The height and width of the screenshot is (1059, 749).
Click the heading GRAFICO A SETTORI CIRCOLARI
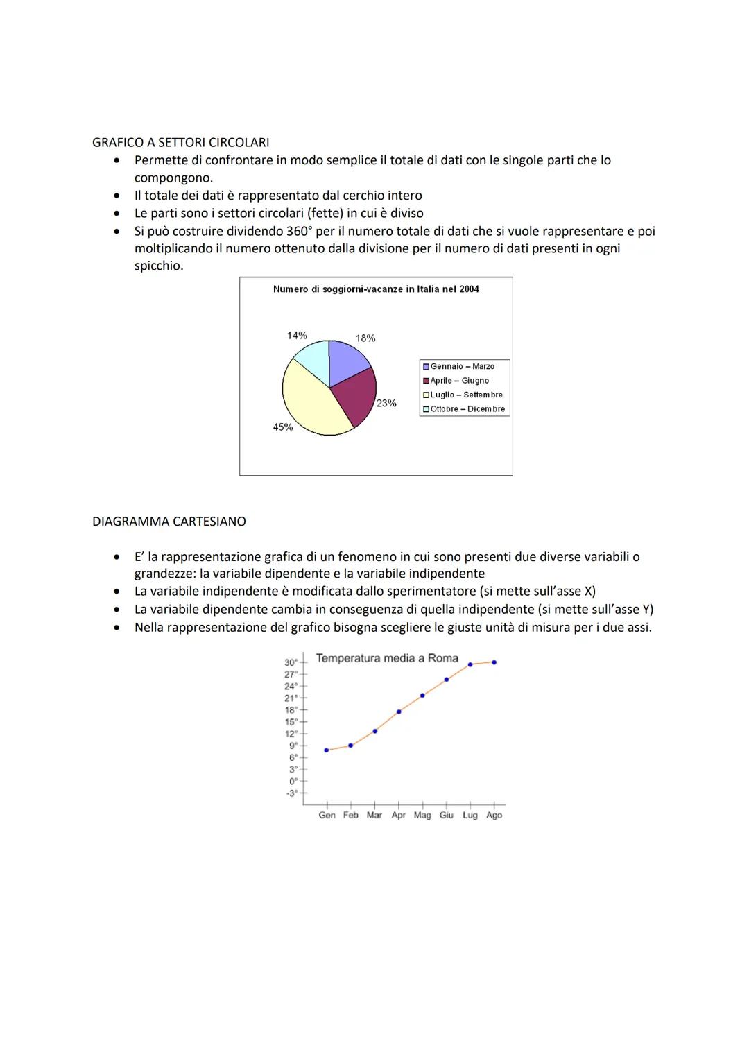pyautogui.click(x=180, y=142)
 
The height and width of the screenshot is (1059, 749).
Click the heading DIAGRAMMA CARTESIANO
pyautogui.click(x=169, y=521)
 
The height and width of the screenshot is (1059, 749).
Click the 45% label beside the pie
pyautogui.click(x=282, y=427)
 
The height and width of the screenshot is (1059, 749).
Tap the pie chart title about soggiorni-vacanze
pyautogui.click(x=376, y=289)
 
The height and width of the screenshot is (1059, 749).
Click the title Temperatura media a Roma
pyautogui.click(x=387, y=658)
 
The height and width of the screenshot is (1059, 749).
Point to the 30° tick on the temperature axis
pyautogui.click(x=291, y=662)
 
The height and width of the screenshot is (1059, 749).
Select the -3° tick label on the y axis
pyautogui.click(x=291, y=793)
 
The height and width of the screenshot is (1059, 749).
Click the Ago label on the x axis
pyautogui.click(x=494, y=816)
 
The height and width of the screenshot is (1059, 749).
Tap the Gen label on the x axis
pyautogui.click(x=327, y=816)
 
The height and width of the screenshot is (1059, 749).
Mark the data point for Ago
pyautogui.click(x=494, y=662)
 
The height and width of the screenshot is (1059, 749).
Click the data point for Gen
pyautogui.click(x=327, y=750)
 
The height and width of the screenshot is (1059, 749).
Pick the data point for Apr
pyautogui.click(x=399, y=712)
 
